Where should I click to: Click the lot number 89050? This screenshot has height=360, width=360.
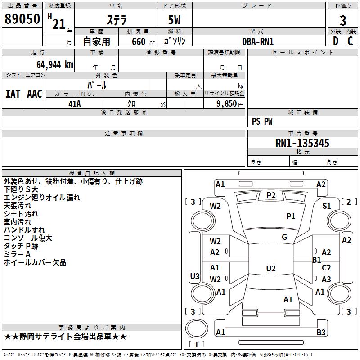click(22, 19)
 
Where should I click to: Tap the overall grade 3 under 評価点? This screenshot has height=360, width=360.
click(343, 21)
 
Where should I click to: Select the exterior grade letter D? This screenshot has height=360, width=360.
click(336, 41)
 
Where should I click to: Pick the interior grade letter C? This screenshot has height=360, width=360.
click(350, 41)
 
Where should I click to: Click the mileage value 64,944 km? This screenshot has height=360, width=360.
click(55, 65)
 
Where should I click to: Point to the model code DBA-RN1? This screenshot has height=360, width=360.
click(258, 41)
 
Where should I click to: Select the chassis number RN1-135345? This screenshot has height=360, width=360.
click(302, 143)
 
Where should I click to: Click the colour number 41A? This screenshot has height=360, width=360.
click(75, 104)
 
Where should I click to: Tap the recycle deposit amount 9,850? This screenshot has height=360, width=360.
click(227, 104)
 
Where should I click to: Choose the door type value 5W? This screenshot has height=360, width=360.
click(174, 20)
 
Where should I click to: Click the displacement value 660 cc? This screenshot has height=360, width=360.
click(143, 42)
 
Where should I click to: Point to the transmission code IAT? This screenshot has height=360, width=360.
click(13, 94)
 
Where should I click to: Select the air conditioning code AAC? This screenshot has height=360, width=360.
click(35, 94)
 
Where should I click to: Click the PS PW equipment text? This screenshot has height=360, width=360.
click(262, 121)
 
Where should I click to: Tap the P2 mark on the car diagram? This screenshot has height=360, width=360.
click(271, 195)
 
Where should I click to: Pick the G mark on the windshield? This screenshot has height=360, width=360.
click(284, 237)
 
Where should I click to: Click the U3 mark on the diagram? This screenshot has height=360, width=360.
click(195, 276)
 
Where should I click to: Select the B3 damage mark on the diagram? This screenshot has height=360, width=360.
click(321, 332)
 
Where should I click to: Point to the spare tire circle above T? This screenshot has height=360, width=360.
click(197, 328)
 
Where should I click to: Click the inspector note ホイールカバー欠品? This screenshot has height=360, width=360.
click(35, 262)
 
